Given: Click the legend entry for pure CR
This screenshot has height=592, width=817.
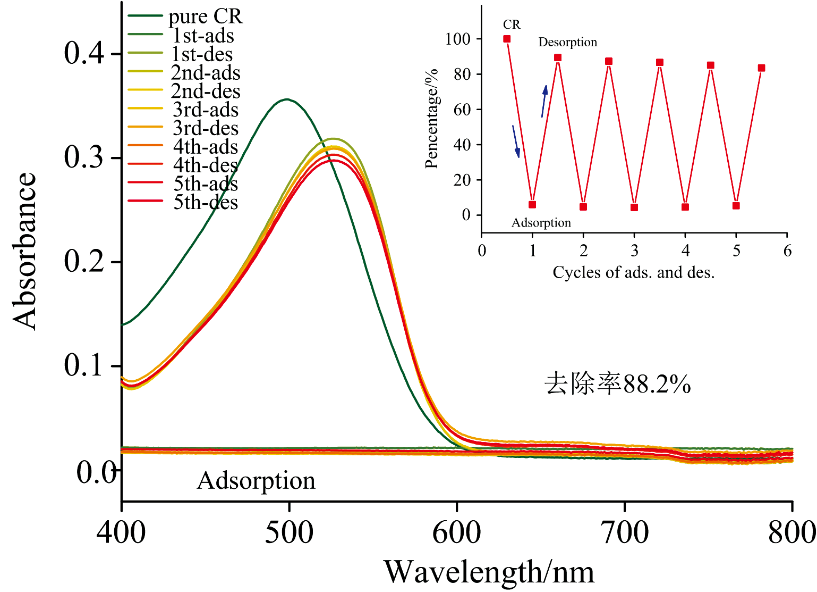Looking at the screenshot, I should tap(205, 16).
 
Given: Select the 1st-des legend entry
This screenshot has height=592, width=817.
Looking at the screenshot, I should tap(202, 54).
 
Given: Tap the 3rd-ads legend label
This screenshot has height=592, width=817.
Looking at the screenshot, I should tap(205, 110).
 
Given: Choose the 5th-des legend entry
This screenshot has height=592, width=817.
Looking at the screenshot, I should tap(206, 202).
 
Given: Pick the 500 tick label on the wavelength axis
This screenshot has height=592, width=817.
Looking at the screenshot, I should tap(289, 532).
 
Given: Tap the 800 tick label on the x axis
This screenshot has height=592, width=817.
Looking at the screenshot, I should tap(792, 532).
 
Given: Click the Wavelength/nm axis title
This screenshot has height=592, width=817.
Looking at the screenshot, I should tap(489, 572).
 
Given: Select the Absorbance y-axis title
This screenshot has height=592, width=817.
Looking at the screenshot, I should tap(24, 250).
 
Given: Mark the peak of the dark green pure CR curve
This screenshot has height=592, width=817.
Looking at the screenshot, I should tap(287, 99).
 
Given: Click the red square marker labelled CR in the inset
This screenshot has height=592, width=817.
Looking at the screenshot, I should tap(507, 39).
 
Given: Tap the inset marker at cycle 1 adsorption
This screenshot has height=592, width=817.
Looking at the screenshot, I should tap(532, 205).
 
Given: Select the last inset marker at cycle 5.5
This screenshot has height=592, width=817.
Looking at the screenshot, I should tap(761, 68).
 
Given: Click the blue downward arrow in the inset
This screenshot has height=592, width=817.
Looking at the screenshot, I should tap(516, 141).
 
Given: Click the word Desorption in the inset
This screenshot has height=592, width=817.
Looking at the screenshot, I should tap(567, 42).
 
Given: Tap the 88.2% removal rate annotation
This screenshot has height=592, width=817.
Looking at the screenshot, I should tap(618, 383).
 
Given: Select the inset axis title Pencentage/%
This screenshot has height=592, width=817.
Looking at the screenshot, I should tap(431, 118).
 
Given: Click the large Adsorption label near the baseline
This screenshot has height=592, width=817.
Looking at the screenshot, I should tap(256, 481).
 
